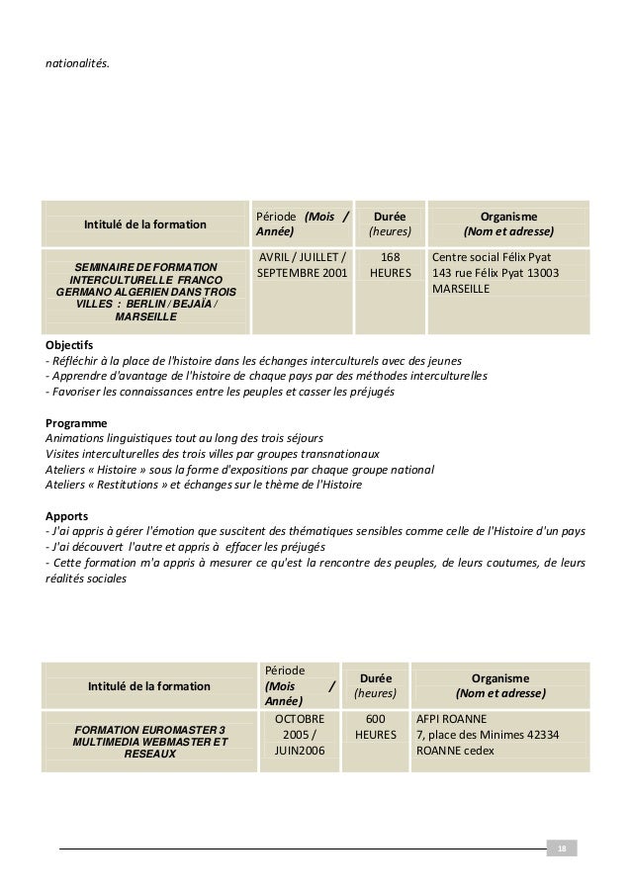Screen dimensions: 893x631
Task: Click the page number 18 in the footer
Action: click(x=562, y=848)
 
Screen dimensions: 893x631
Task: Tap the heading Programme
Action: click(x=76, y=422)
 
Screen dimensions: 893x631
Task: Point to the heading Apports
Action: click(x=68, y=515)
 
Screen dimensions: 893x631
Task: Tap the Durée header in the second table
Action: click(x=375, y=686)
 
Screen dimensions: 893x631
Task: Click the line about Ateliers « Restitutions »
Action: click(x=204, y=485)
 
